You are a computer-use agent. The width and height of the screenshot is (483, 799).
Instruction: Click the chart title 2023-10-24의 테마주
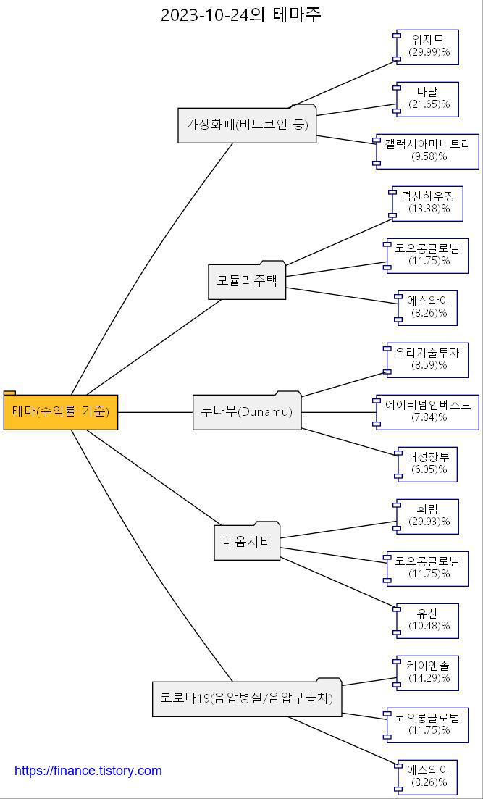[240, 14]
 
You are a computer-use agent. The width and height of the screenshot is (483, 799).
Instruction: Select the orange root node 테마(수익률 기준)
[61, 411]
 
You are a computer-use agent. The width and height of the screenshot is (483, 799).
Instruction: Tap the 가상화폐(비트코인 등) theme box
[247, 125]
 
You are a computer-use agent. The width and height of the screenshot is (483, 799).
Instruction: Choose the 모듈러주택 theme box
[247, 280]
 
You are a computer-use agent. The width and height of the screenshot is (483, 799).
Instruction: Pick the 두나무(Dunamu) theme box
[247, 412]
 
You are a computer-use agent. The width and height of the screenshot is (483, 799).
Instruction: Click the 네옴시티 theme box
[247, 542]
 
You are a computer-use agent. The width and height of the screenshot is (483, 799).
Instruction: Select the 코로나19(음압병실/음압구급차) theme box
[247, 698]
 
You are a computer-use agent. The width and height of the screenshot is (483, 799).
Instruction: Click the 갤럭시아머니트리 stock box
[427, 151]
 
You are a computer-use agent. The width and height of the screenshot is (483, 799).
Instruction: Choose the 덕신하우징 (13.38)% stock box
[427, 203]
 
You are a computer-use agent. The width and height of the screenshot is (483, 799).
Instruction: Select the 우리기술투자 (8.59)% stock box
[427, 359]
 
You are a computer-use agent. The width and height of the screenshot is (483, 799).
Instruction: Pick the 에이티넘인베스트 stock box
[427, 411]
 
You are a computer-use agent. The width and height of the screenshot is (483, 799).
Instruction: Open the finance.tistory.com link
[88, 771]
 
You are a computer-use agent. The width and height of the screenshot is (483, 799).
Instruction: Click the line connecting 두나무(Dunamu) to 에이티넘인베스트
[339, 412]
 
